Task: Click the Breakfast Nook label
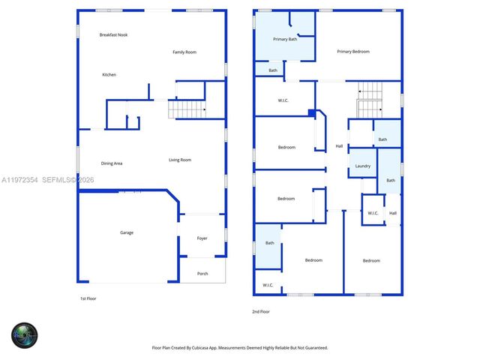(x=113, y=35)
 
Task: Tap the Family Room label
(x=184, y=52)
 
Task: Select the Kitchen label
(x=109, y=74)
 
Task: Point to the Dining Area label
(x=112, y=163)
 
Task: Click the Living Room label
(x=180, y=160)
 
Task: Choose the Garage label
(x=127, y=232)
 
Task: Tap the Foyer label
(x=202, y=238)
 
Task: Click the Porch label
(x=202, y=273)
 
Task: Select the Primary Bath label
(x=285, y=39)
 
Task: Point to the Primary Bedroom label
(x=353, y=52)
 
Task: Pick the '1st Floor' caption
(x=88, y=298)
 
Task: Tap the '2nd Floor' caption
(x=261, y=311)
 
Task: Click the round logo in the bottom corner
(x=24, y=335)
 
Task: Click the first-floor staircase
(x=187, y=109)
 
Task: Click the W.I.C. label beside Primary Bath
(x=284, y=100)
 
